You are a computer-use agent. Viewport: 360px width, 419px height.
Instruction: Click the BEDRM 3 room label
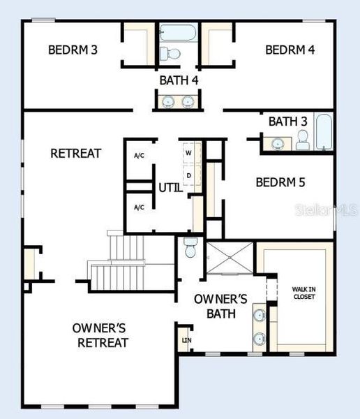tap(73, 50)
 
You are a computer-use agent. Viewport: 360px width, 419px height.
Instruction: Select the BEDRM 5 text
tap(281, 182)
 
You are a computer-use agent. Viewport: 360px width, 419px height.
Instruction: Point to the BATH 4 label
tap(179, 80)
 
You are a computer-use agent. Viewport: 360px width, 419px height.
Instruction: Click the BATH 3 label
tap(287, 122)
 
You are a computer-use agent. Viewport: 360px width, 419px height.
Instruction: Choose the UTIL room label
tap(170, 187)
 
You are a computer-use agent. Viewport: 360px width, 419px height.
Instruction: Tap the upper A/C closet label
tap(139, 155)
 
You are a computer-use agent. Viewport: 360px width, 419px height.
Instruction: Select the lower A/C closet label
tap(139, 207)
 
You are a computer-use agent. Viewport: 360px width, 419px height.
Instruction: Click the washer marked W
tap(188, 152)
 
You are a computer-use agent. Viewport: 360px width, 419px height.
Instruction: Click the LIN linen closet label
tap(186, 340)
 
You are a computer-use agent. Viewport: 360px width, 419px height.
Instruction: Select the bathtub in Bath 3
tap(324, 132)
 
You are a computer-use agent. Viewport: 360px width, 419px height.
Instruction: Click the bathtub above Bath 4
tap(179, 33)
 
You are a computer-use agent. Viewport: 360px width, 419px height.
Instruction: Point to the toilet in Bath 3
tap(302, 142)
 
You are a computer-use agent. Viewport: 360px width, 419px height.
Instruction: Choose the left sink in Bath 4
tap(168, 103)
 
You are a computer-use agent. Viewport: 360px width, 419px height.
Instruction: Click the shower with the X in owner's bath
tap(230, 259)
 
